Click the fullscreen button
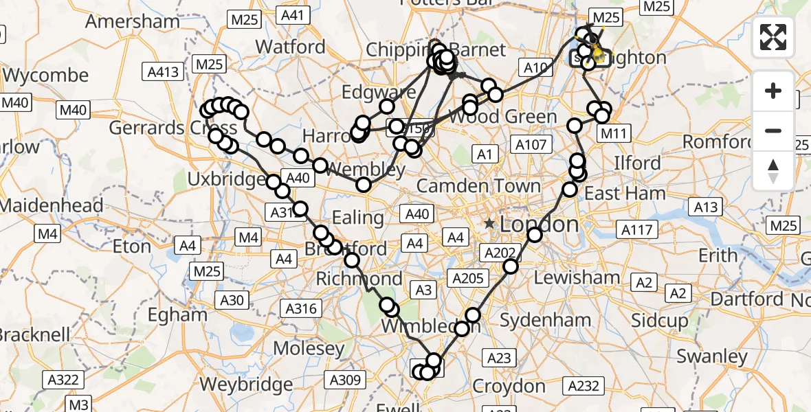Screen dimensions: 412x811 pyautogui.click(x=773, y=37)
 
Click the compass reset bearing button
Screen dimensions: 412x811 pyautogui.click(x=773, y=171)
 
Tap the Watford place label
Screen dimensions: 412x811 pyautogui.click(x=290, y=47)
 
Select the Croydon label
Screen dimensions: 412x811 pyautogui.click(x=509, y=385)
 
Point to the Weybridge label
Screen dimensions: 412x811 pyautogui.click(x=245, y=383)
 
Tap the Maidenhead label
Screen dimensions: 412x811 pyautogui.click(x=52, y=205)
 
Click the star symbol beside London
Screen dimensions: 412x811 pyautogui.click(x=489, y=224)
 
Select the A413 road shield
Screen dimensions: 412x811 pyautogui.click(x=162, y=71)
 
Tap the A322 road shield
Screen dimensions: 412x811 pyautogui.click(x=66, y=379)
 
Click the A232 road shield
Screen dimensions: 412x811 pyautogui.click(x=584, y=386)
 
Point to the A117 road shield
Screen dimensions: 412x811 pyautogui.click(x=637, y=229)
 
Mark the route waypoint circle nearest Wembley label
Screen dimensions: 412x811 pyautogui.click(x=364, y=184)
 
